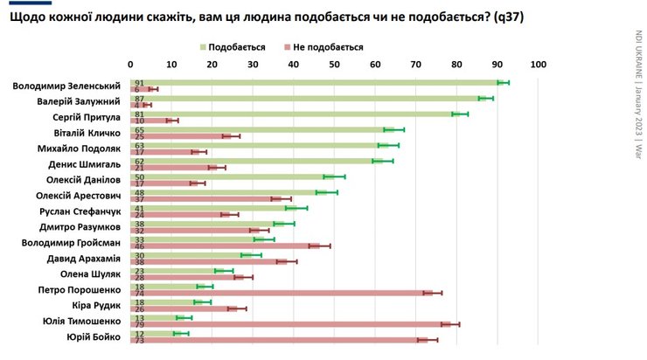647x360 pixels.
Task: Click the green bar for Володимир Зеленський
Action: point(315,82)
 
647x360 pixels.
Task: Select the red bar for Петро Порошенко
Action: point(280,293)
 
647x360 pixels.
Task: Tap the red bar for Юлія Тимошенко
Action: point(289,324)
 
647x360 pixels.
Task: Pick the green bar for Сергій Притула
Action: point(297,114)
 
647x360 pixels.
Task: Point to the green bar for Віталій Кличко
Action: point(262,129)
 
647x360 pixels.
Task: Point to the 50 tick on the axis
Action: point(335,64)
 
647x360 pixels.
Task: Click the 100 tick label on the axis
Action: point(538,64)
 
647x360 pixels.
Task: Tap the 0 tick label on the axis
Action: point(131,64)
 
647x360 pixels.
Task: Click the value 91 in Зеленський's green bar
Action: point(138,82)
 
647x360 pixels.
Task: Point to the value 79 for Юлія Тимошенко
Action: point(138,324)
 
